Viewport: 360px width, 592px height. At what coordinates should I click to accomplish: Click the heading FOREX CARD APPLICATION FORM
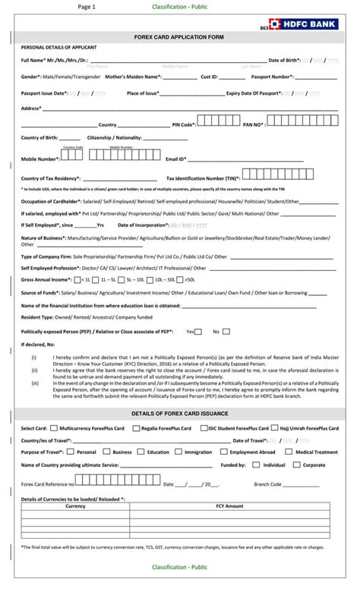coord(179,36)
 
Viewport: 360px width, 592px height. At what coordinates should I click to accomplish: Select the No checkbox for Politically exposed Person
coord(226,332)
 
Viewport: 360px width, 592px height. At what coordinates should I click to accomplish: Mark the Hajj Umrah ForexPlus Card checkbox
coord(273,428)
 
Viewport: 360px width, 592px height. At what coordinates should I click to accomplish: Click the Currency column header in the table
coord(75,505)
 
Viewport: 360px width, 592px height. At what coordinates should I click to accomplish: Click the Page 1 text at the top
coord(87,6)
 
